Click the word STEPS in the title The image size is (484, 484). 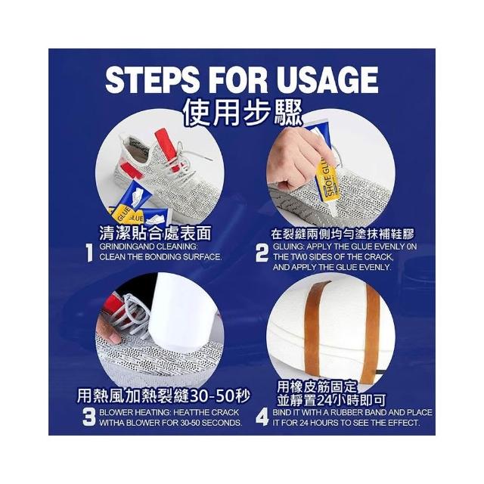coord(152,80)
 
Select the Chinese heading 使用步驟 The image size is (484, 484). coord(242,114)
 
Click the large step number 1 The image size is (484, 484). coord(89,253)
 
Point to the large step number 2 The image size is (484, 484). coord(262,253)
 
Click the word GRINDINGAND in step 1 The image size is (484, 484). coord(127,247)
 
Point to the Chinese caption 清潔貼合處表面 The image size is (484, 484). coord(155,233)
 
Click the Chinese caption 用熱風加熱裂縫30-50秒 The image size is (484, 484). coord(163,396)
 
